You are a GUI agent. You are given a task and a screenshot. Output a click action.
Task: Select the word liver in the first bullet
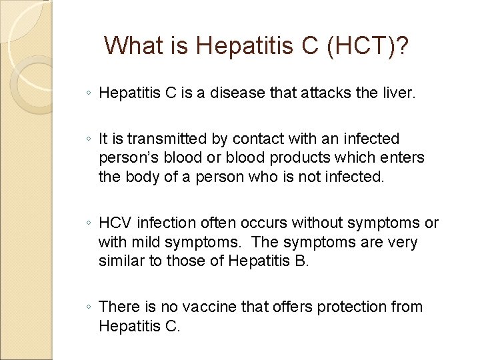point(399,93)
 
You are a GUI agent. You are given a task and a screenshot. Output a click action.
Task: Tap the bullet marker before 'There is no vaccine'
point(89,307)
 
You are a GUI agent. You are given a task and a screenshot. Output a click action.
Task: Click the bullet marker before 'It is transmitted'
point(89,140)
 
